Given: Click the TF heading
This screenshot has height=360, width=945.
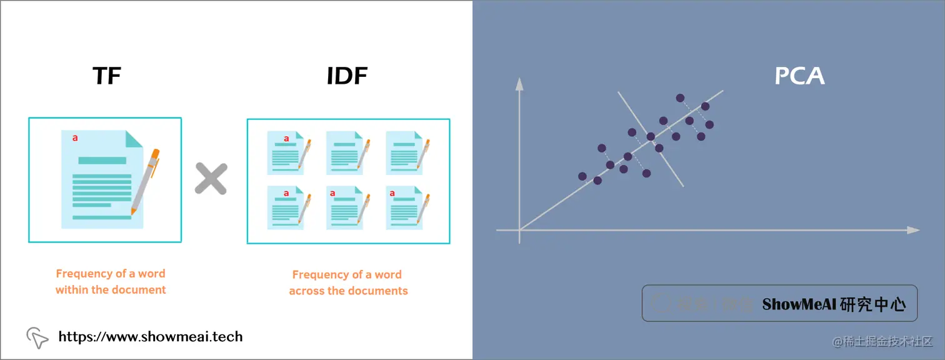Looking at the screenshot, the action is [106, 76].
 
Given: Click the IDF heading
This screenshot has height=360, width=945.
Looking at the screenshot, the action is [347, 76].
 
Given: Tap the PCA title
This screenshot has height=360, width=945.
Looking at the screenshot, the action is [799, 76].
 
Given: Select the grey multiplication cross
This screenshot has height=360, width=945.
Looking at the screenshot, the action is [211, 178].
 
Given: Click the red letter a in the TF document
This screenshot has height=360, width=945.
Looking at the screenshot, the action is [76, 138].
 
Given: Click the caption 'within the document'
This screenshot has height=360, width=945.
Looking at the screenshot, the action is [111, 290].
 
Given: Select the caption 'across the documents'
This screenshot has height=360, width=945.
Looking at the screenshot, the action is [348, 291].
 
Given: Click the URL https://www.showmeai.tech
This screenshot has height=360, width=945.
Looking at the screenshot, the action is [150, 337].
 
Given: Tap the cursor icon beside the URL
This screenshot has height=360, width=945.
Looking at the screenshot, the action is [37, 338].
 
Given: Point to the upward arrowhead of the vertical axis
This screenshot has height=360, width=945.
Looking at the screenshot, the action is [519, 84].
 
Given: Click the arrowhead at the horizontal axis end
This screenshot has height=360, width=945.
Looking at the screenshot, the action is [914, 230].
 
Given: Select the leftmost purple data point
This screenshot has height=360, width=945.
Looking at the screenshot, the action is [582, 176].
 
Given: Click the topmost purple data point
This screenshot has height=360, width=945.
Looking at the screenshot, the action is [680, 97].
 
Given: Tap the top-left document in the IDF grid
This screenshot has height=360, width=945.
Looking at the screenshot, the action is [286, 152].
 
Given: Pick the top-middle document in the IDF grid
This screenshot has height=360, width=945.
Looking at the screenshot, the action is [346, 152].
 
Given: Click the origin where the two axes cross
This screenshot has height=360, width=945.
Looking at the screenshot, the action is [519, 230].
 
